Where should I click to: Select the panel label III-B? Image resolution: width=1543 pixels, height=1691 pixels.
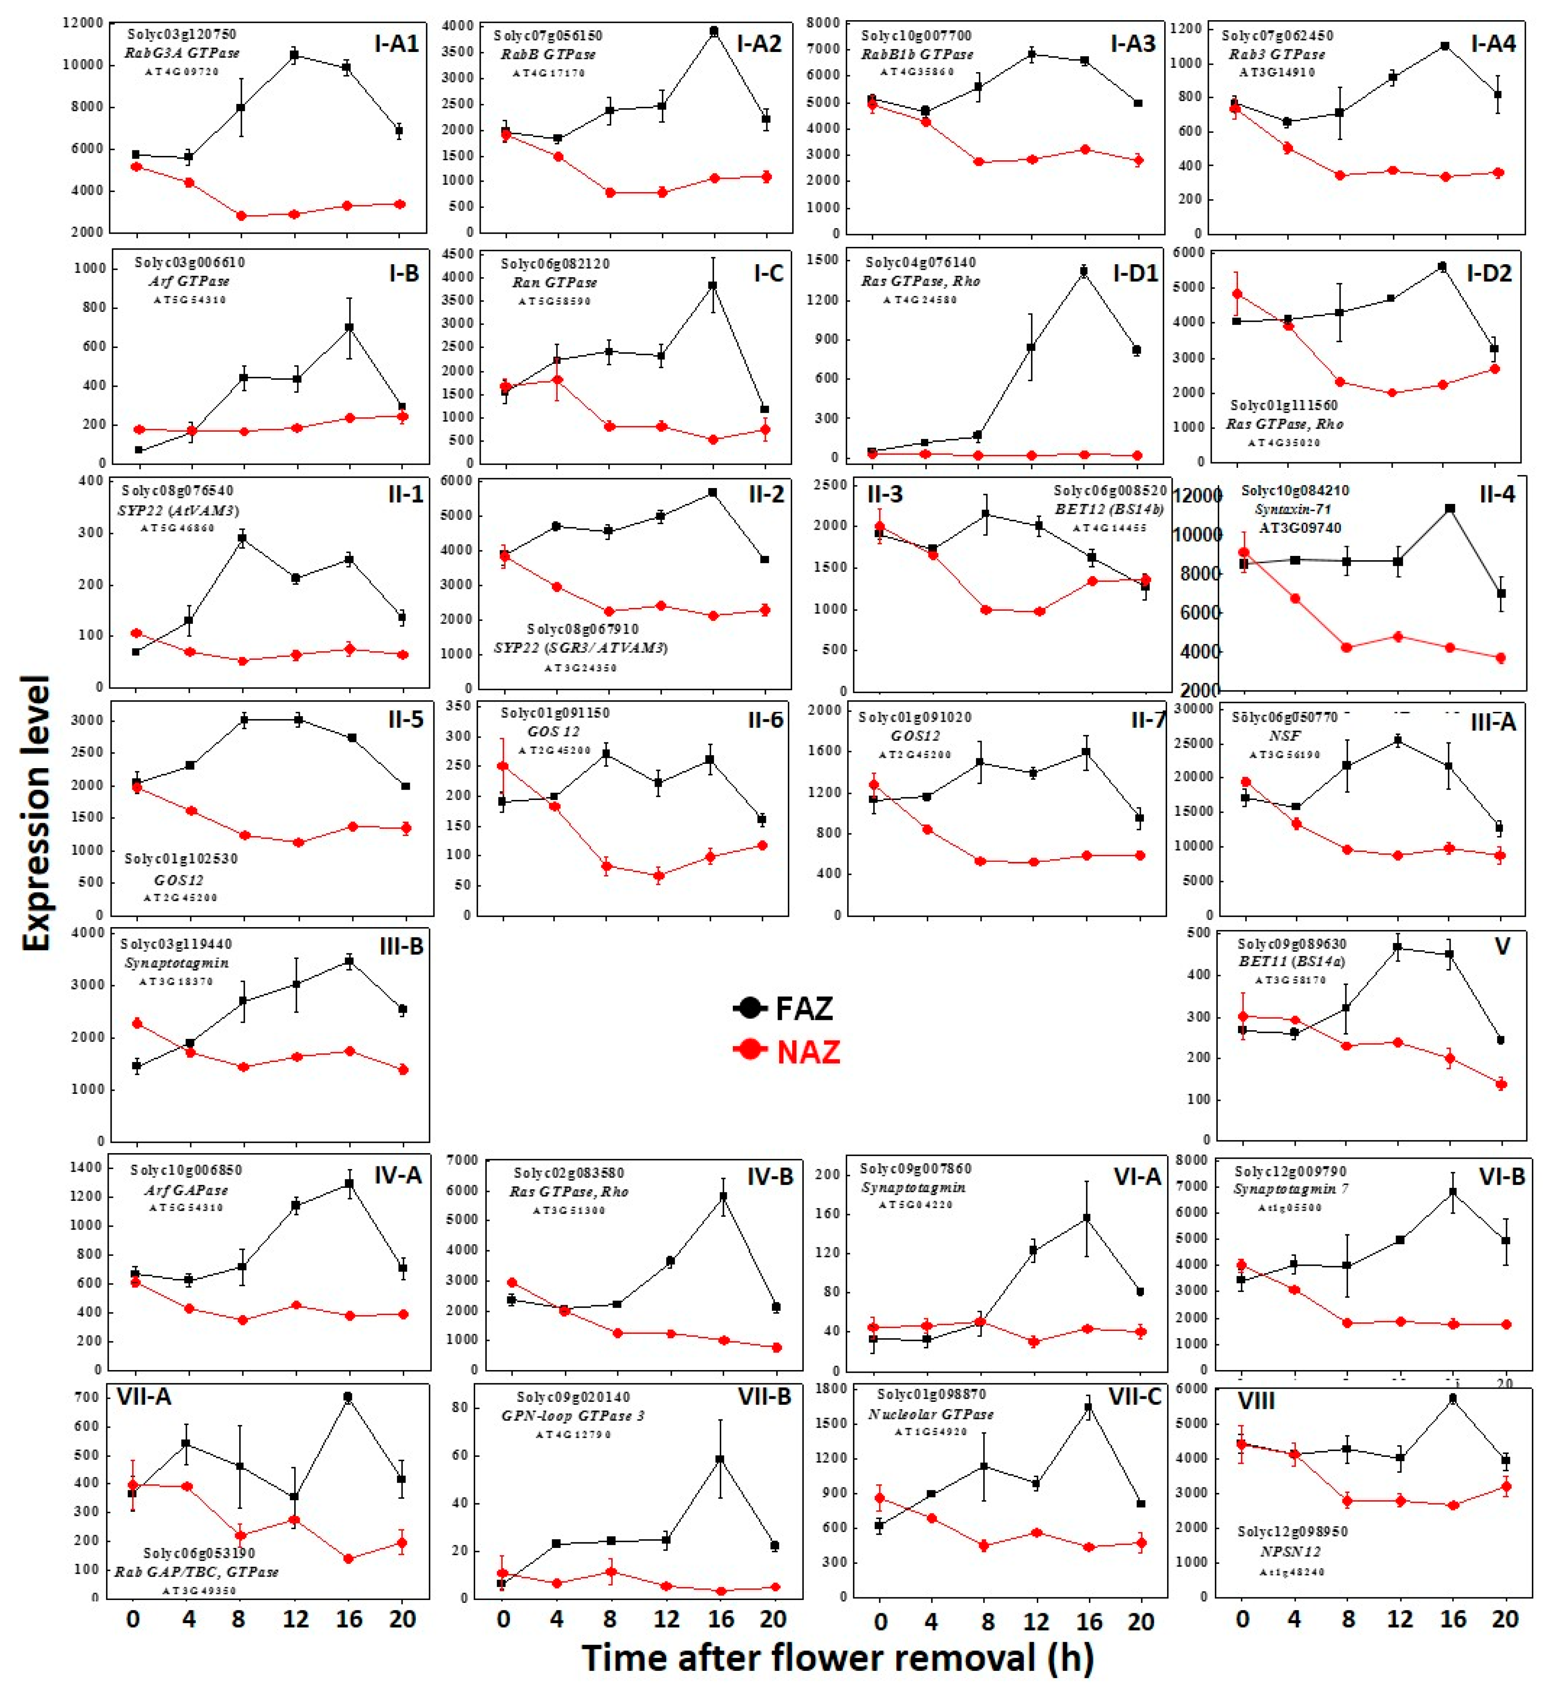click(x=401, y=946)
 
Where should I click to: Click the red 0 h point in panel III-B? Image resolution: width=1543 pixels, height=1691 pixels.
click(x=137, y=1023)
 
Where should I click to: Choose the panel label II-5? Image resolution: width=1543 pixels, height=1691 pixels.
click(x=405, y=720)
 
